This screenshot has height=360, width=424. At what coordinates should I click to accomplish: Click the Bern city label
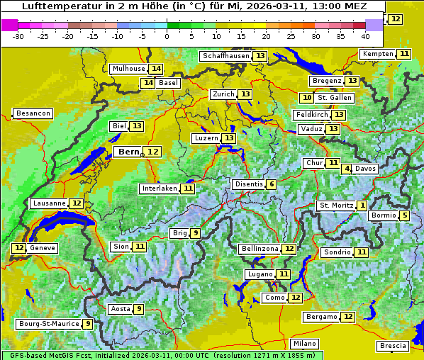[x=129, y=152]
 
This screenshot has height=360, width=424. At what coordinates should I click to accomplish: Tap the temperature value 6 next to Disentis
[x=272, y=184]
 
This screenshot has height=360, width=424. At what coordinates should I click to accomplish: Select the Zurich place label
[x=223, y=94]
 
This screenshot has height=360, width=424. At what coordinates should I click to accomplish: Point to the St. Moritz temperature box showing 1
[x=362, y=206]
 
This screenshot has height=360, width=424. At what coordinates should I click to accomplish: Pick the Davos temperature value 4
[x=347, y=169]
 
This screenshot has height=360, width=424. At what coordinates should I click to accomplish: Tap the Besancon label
[x=33, y=113]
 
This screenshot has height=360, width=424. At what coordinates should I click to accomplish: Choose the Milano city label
[x=306, y=343]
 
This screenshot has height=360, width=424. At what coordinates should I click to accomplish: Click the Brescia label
[x=394, y=346]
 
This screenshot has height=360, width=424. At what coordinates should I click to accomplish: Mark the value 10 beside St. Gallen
[x=306, y=98]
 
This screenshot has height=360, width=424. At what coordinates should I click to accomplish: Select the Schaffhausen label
[x=225, y=56]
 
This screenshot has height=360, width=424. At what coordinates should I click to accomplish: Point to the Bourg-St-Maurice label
[x=48, y=324]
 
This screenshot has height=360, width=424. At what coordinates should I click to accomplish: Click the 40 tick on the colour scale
[x=365, y=35]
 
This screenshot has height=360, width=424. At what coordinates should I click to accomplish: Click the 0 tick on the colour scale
[x=167, y=35]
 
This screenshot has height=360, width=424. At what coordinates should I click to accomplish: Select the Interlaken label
[x=159, y=189]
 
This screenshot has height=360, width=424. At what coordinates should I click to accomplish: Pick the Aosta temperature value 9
[x=139, y=309]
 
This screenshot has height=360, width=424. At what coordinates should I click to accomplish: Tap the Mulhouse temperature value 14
[x=156, y=69]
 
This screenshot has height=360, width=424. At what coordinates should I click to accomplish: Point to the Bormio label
[x=384, y=215]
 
